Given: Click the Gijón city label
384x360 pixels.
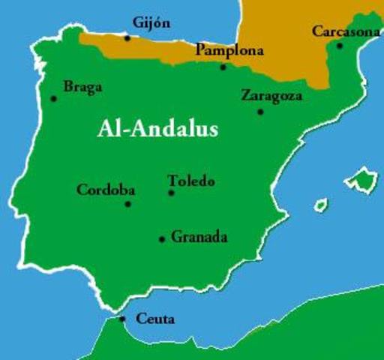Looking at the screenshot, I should pos(151,23).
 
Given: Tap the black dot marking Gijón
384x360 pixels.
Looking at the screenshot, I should pos(127,37).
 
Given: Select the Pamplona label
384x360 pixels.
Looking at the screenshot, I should pos(229,51).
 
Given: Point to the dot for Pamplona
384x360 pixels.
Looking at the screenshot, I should pos(223,67).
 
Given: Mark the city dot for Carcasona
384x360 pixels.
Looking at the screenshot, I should pos(339,46).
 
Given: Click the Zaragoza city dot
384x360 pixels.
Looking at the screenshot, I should pos(260,112).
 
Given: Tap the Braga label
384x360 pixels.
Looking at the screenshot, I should pos(82,87).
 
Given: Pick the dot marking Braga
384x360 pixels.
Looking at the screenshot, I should pos(53,98).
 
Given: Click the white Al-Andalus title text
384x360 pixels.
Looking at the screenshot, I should pos(157,129).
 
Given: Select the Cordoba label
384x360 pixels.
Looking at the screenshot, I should pos(106,190).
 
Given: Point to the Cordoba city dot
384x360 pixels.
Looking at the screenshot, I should pos(127,203).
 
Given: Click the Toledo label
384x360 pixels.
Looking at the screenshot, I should pos(191,181).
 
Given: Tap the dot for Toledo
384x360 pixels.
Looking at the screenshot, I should pos(171,193).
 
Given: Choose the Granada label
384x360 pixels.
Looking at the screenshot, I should pos(199,238).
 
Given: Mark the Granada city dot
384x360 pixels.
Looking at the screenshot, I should pos(162,239).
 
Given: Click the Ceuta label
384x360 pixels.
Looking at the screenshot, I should pos(155,319).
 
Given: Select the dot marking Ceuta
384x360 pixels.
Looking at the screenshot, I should pos(122,319).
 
